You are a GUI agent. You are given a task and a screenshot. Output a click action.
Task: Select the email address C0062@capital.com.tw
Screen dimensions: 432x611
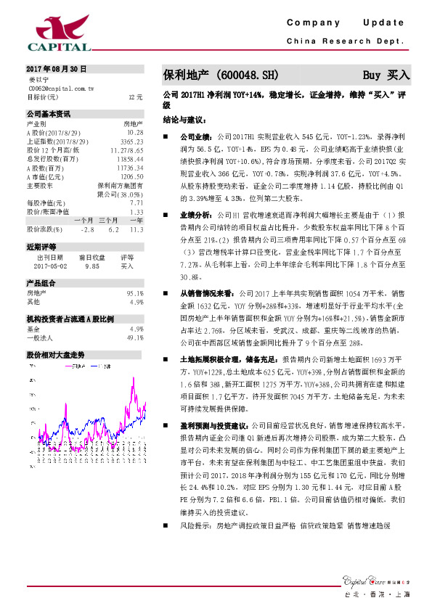click(61, 88)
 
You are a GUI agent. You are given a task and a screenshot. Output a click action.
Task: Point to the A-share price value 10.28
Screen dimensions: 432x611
click(135, 133)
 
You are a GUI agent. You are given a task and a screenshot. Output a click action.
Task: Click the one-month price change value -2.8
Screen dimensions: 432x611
click(88, 229)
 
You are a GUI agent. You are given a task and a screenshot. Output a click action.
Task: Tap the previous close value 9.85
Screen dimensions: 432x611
click(91, 266)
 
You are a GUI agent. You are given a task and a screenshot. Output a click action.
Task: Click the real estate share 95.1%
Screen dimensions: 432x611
click(135, 293)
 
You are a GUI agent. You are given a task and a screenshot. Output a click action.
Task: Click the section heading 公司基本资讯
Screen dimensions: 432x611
click(49, 114)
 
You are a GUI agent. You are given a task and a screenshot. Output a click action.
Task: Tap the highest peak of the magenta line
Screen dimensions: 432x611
click(133, 390)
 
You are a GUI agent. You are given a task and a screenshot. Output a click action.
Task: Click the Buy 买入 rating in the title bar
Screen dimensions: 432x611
click(386, 75)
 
